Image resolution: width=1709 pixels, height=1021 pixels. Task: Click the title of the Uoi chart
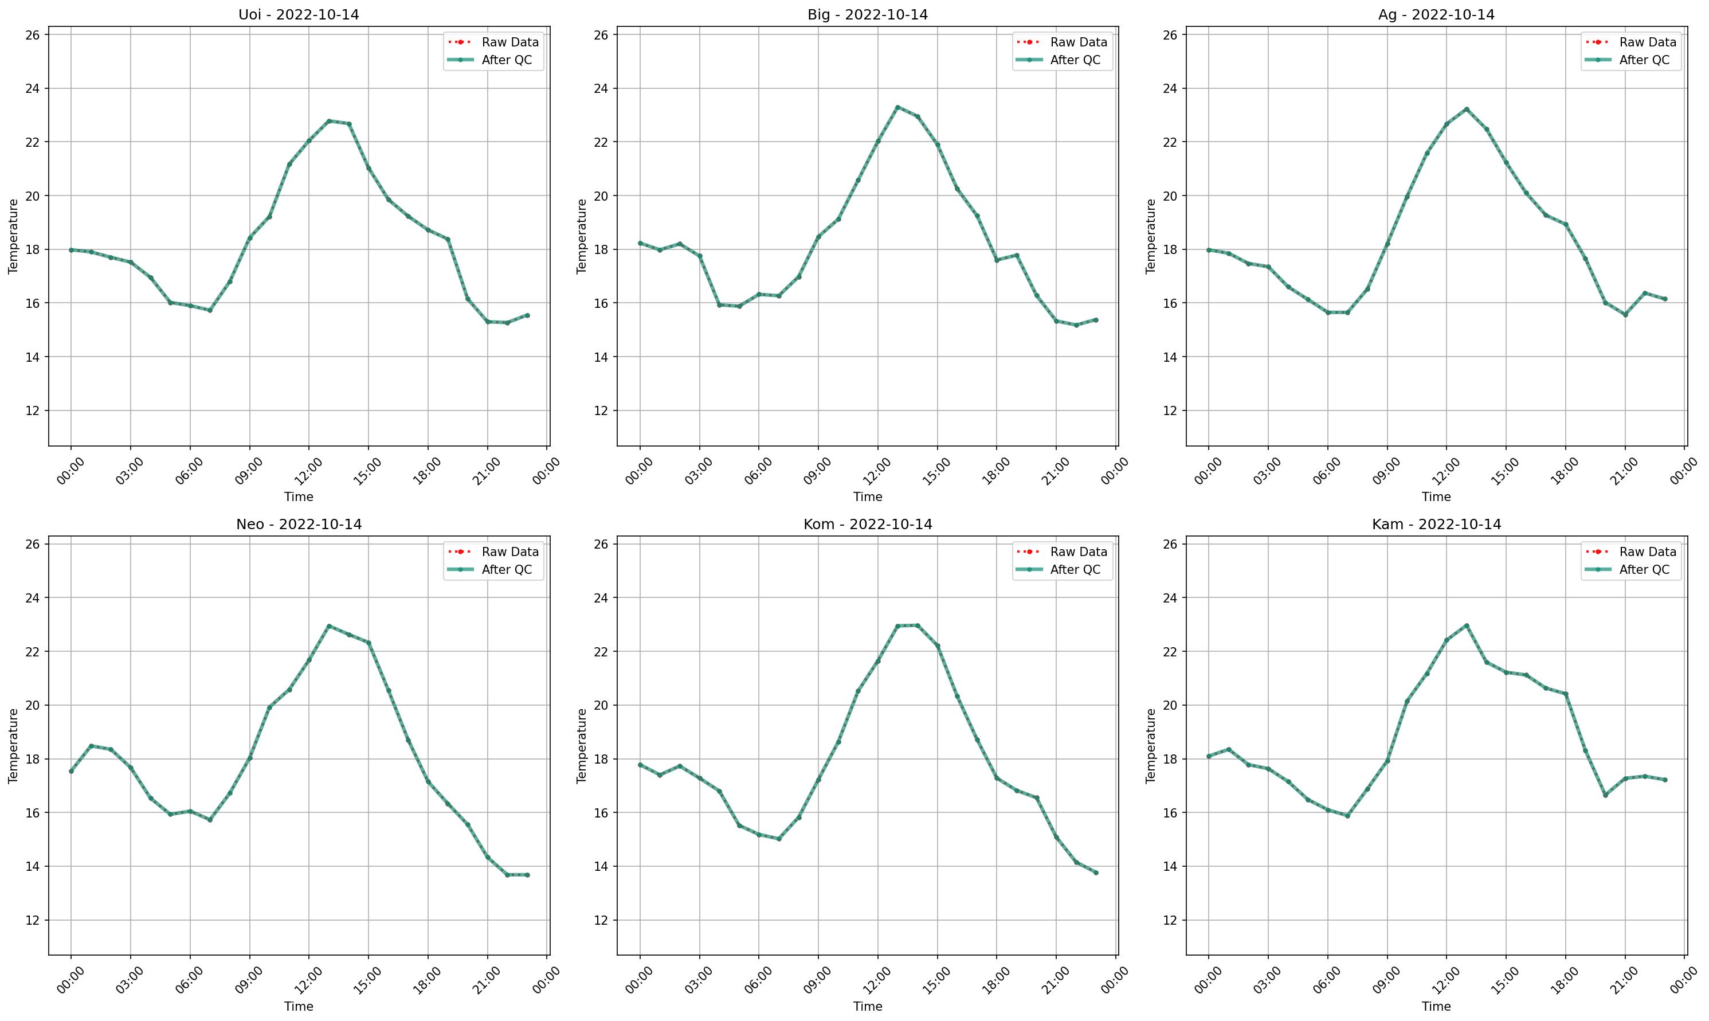299,14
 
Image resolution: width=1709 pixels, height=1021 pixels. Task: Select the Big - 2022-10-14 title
867,14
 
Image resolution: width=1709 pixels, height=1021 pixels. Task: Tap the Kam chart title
1436,525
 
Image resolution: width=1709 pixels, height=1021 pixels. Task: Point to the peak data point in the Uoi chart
329,121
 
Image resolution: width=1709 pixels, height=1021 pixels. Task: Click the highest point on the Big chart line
897,107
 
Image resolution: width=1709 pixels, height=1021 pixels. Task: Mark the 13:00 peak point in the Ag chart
1466,109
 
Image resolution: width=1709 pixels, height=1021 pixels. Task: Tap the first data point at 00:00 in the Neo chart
71,771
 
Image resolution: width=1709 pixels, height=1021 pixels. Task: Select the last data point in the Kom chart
1096,873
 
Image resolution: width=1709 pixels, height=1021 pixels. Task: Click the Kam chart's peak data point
1466,625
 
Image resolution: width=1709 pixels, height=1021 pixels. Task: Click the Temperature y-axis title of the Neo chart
13,746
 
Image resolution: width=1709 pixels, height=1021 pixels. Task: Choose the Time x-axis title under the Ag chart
1436,496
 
